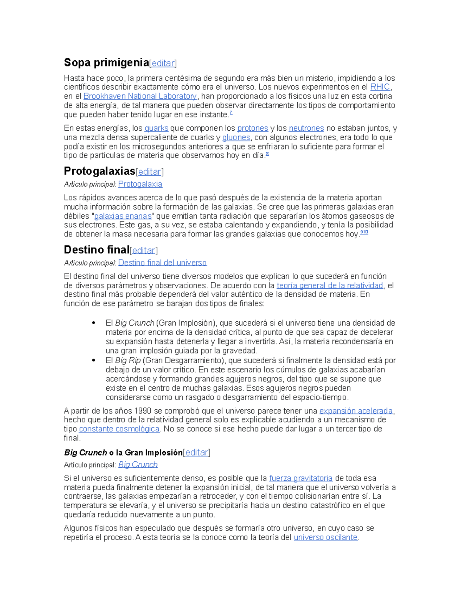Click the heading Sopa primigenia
coord(106,62)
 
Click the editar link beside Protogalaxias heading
coord(150,171)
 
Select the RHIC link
coord(380,87)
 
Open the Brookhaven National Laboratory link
coord(140,96)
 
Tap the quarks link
coord(156,128)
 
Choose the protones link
coord(252,128)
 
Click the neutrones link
coord(306,128)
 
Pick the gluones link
coord(236,137)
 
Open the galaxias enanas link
coord(123,216)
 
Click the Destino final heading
coord(96,250)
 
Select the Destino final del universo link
coord(162,263)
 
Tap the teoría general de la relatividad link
coord(330,285)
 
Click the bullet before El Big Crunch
coord(94,323)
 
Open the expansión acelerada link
coord(356,411)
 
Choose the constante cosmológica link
coord(119,429)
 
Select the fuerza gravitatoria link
coord(301,478)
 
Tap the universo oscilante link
coord(325,537)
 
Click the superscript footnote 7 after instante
coord(231,113)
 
